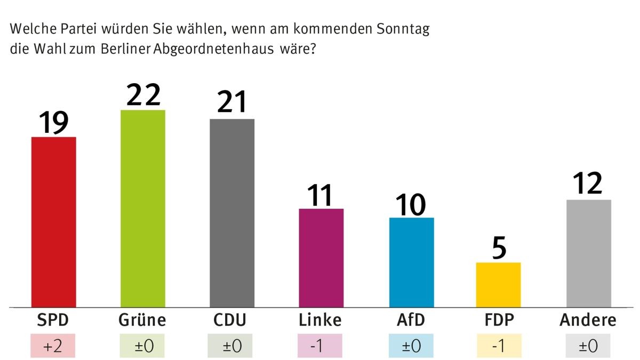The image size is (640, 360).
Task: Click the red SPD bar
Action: pos(54,222)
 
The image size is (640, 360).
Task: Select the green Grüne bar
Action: pos(143,209)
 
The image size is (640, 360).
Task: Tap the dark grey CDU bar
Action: pos(232,213)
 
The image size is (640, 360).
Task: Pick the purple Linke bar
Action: pos(321,258)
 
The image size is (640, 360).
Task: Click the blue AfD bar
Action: pos(411,262)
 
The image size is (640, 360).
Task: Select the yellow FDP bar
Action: pos(498,285)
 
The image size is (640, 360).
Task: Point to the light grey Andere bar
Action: pos(588,253)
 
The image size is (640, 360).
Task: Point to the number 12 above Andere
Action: pos(588,183)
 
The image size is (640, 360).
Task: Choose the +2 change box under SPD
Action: pos(54,346)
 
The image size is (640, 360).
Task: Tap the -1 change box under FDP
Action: pos(499,346)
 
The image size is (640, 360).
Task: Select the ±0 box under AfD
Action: pos(411,346)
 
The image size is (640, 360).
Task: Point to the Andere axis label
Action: pos(588,320)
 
